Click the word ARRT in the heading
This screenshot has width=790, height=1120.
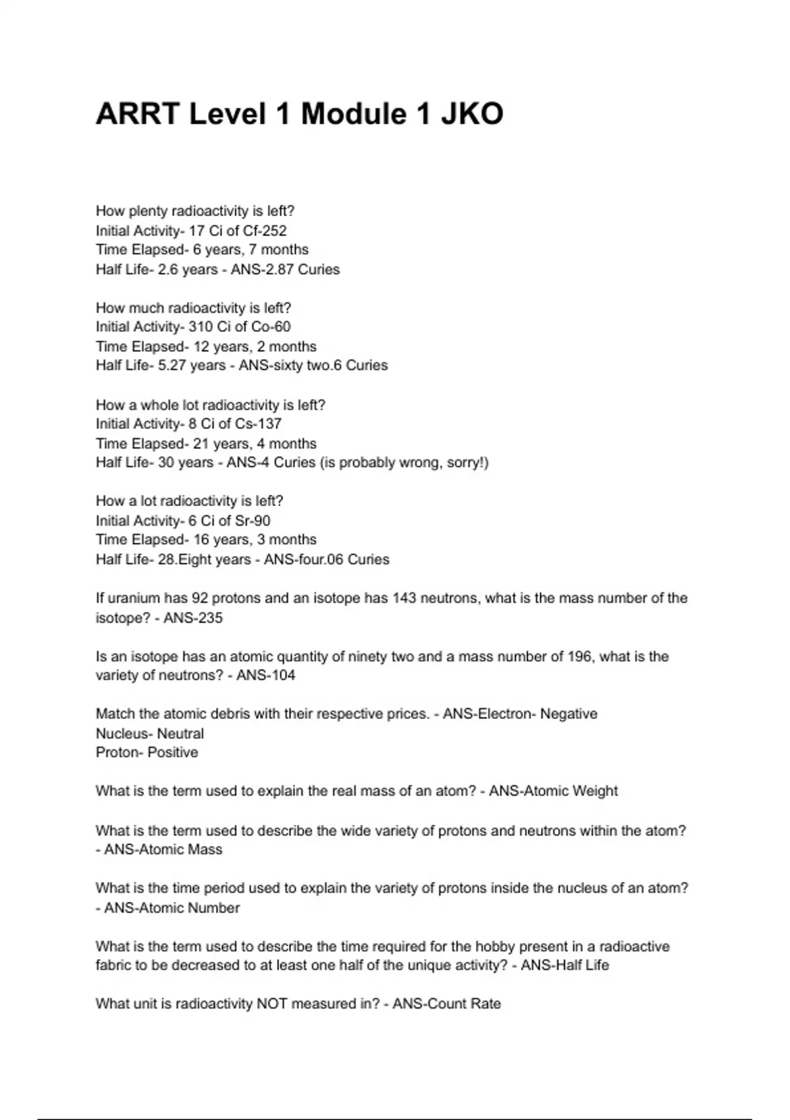point(137,114)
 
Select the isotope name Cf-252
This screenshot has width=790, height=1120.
point(265,231)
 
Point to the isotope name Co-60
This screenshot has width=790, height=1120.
point(271,327)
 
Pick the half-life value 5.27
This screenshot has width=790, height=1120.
point(172,365)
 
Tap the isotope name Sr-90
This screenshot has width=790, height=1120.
point(252,520)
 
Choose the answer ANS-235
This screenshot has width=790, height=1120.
point(193,618)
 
